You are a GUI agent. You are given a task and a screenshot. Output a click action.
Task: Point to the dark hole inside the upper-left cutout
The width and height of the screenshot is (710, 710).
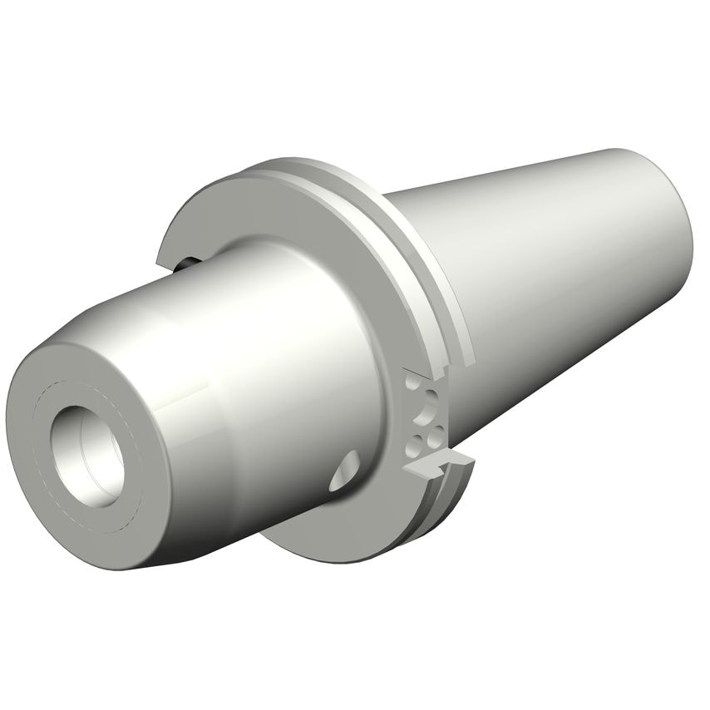click(x=186, y=264)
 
